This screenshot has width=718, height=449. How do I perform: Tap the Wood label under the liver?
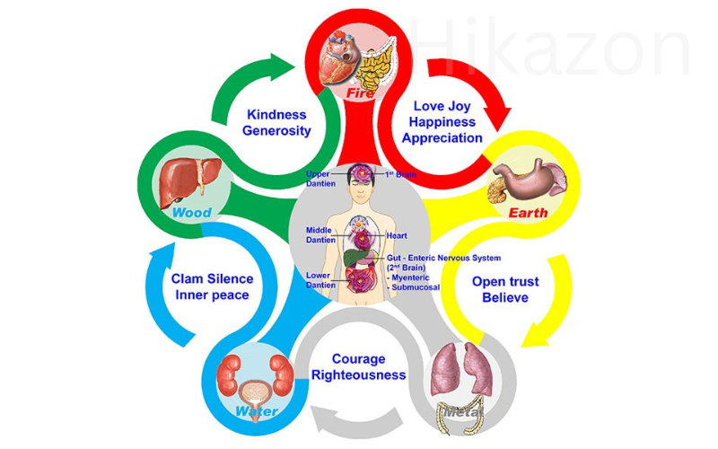pyautogui.click(x=191, y=213)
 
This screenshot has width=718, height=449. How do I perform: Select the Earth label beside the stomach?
pyautogui.click(x=529, y=213)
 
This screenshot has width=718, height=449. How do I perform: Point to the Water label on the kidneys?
pyautogui.click(x=257, y=412)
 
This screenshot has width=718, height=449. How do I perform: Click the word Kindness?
pyautogui.click(x=276, y=115)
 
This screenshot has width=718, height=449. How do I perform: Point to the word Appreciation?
pyautogui.click(x=442, y=138)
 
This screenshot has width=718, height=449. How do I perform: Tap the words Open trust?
pyautogui.click(x=505, y=281)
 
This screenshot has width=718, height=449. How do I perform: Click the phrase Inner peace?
pyautogui.click(x=211, y=295)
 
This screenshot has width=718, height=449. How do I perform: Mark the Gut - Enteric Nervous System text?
pyautogui.click(x=443, y=258)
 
